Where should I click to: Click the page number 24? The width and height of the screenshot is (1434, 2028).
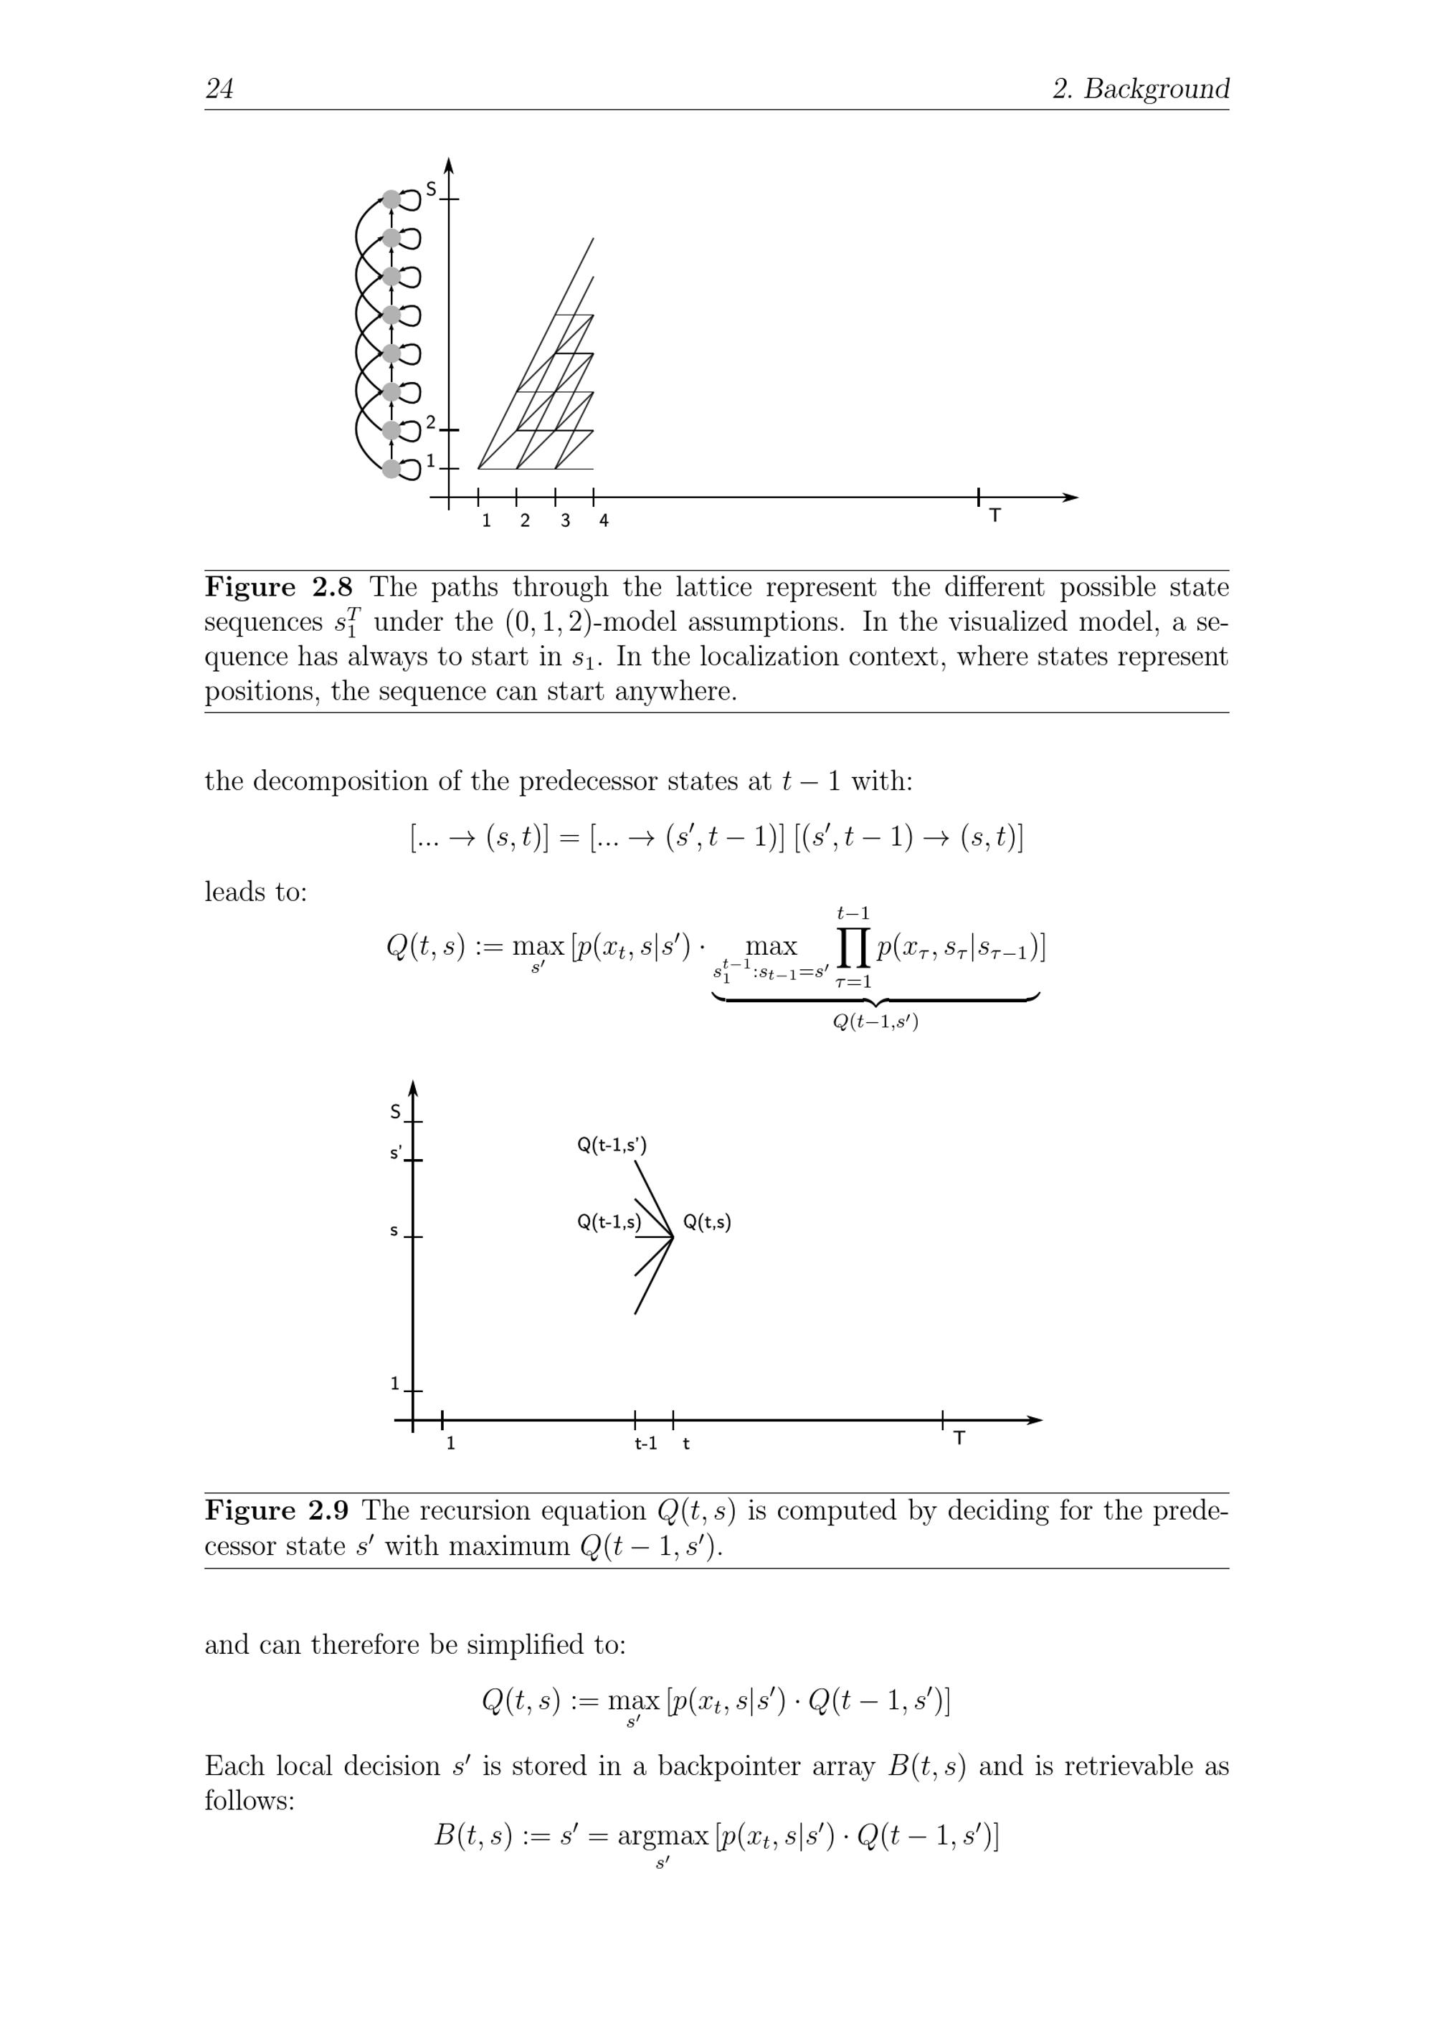219,88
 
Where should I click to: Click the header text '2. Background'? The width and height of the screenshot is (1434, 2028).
1140,88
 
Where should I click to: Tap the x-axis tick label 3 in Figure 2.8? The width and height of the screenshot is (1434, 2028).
564,521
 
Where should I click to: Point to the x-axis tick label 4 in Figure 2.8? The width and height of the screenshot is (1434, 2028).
604,521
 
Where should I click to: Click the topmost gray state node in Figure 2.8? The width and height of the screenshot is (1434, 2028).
391,199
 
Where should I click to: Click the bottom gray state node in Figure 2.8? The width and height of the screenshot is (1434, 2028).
391,469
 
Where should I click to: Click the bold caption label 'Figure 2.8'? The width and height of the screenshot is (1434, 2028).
278,587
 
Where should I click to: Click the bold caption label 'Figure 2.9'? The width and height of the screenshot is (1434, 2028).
278,1511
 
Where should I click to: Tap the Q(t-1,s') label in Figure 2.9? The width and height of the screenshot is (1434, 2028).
612,1146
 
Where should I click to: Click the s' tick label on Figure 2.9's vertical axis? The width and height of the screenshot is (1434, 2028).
396,1153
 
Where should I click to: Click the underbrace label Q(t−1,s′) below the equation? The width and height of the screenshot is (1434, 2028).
875,1023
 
